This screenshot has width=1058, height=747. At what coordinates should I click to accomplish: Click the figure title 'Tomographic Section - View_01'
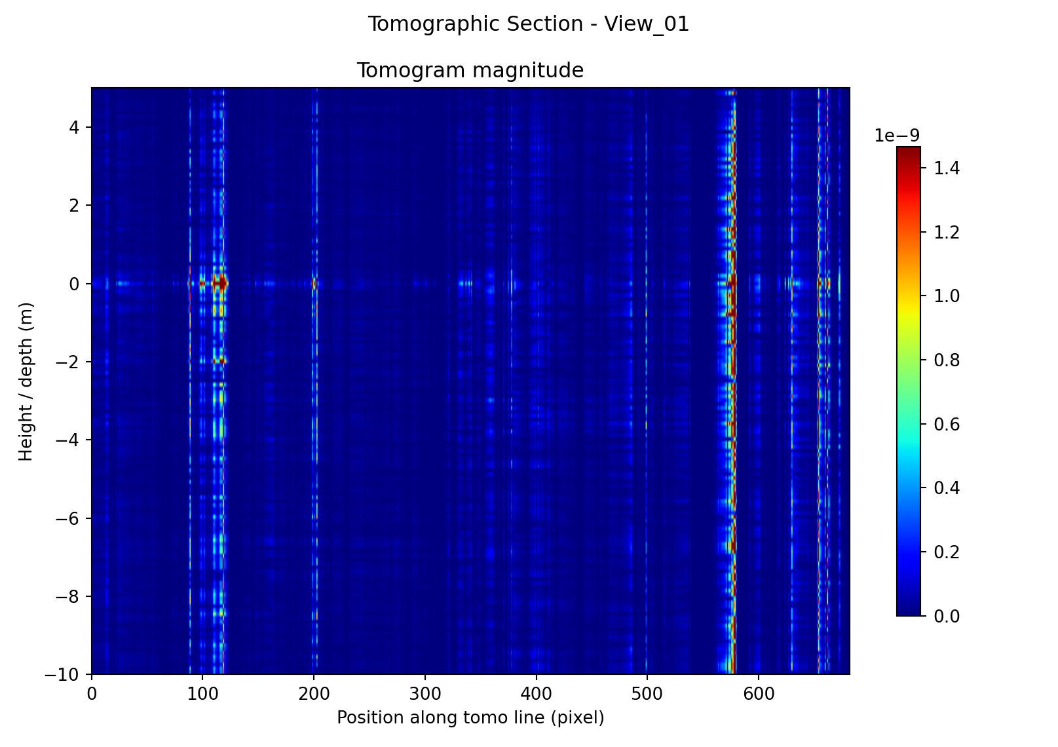[528, 24]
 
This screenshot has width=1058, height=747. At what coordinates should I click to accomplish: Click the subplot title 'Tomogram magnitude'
[470, 70]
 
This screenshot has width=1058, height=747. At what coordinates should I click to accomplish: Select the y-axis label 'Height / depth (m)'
[26, 381]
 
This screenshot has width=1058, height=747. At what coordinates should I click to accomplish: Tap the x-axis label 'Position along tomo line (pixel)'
[470, 718]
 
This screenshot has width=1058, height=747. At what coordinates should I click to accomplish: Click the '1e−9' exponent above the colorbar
[897, 136]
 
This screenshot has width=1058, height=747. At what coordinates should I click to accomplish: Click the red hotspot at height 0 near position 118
[223, 283]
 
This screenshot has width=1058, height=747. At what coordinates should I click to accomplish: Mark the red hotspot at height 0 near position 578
[732, 283]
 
